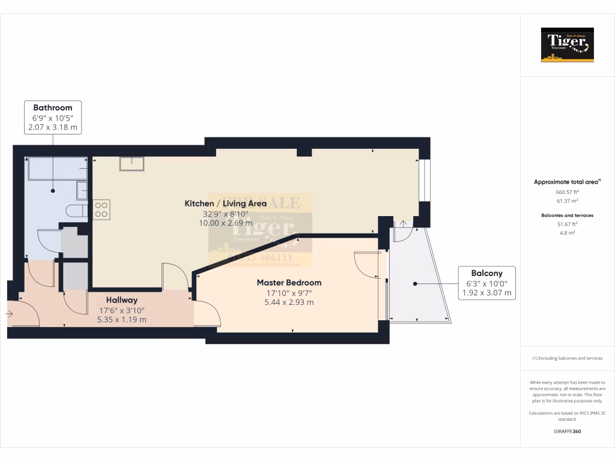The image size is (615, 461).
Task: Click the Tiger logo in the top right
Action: pyautogui.click(x=567, y=45)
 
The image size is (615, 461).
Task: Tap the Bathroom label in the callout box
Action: pyautogui.click(x=53, y=108)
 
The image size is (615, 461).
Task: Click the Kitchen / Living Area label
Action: pyautogui.click(x=225, y=203)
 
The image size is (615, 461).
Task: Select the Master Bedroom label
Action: pyautogui.click(x=289, y=282)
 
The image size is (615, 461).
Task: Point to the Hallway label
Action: pyautogui.click(x=122, y=300)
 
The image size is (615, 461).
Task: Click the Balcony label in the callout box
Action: pyautogui.click(x=486, y=273)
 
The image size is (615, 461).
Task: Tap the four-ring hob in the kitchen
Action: pyautogui.click(x=101, y=209)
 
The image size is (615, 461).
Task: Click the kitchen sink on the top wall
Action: pyautogui.click(x=132, y=163)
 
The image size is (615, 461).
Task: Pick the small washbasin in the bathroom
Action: pyautogui.click(x=82, y=190)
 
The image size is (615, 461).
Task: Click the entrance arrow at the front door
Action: pyautogui.click(x=9, y=313)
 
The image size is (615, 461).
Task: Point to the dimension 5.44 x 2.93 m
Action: pyautogui.click(x=289, y=303)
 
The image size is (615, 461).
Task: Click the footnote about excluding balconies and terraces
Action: pyautogui.click(x=567, y=358)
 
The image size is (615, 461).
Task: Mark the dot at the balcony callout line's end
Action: pyautogui.click(x=414, y=283)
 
